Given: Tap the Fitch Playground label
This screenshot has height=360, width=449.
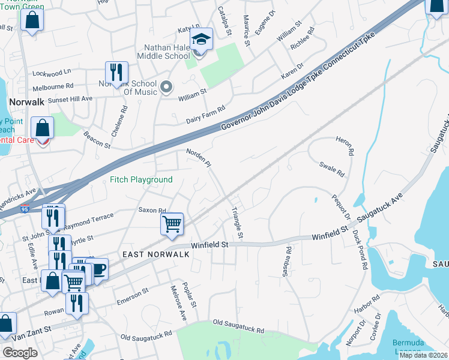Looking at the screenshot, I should [141, 179].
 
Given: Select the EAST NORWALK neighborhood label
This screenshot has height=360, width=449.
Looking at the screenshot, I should [156, 254].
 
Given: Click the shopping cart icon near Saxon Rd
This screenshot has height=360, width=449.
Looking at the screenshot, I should [172, 224].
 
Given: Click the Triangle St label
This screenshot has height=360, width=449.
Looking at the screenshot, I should [237, 223].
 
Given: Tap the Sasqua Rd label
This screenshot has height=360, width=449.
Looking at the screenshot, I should [287, 262].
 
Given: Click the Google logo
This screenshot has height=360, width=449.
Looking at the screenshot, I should [20, 353].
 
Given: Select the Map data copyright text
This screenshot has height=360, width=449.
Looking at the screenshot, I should [423, 355].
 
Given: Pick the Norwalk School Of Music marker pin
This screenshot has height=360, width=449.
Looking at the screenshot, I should [167, 88].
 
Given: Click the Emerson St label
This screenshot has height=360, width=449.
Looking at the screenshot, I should [132, 296].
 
